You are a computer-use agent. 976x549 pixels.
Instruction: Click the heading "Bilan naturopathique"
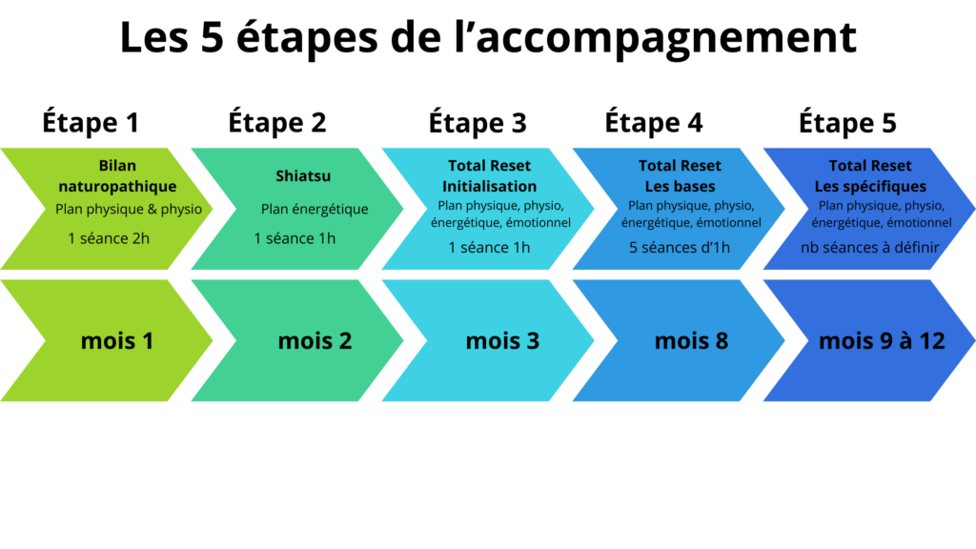(x=117, y=176)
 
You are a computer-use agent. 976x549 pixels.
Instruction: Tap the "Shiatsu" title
(x=303, y=176)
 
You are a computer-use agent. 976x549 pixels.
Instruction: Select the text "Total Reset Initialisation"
(x=489, y=176)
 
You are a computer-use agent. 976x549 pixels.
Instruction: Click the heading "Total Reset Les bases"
(x=680, y=176)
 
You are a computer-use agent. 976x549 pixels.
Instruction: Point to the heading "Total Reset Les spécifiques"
(x=870, y=176)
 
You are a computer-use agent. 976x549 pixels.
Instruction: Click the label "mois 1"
(x=117, y=340)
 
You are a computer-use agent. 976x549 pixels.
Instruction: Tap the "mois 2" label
(x=315, y=340)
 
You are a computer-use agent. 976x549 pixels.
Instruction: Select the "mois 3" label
(x=502, y=340)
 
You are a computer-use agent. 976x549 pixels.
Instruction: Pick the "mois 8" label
(x=691, y=340)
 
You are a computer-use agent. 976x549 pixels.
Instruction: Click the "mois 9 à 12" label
(x=882, y=340)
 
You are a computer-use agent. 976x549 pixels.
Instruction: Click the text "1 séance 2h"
(x=109, y=238)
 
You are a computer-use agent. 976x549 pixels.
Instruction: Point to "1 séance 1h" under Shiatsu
(x=295, y=238)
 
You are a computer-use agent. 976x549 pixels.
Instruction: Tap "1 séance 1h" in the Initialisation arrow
(x=489, y=248)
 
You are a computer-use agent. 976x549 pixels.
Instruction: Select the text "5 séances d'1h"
(x=679, y=248)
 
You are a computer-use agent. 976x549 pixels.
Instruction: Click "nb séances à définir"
(x=870, y=248)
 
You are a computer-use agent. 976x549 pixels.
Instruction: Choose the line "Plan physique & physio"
(x=129, y=209)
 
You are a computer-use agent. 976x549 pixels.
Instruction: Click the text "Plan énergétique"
(x=315, y=209)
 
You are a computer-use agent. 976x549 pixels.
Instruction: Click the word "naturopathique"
(x=117, y=187)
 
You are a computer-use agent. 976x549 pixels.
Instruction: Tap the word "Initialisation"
(x=489, y=187)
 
